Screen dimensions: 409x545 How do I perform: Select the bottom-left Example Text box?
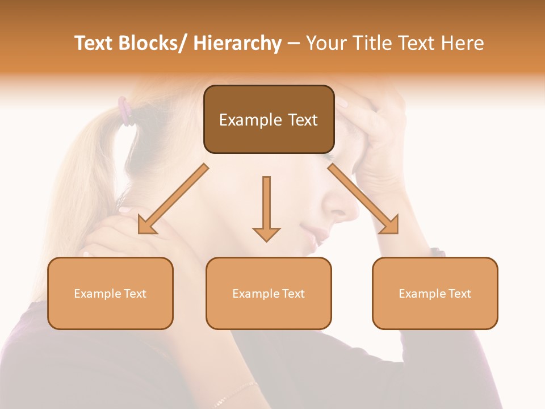coord(110,293)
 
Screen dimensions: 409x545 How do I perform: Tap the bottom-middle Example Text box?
coord(269,293)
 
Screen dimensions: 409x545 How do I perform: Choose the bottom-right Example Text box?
coord(435,293)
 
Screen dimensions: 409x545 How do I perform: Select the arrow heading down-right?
coord(363,199)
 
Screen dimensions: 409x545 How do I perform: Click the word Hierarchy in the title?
coord(237,43)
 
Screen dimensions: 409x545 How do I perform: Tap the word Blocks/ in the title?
coord(149,43)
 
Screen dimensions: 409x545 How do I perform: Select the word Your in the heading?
coord(325,43)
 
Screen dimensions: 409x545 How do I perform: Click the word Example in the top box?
coord(244,120)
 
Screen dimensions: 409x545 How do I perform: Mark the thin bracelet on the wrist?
coord(235,393)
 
